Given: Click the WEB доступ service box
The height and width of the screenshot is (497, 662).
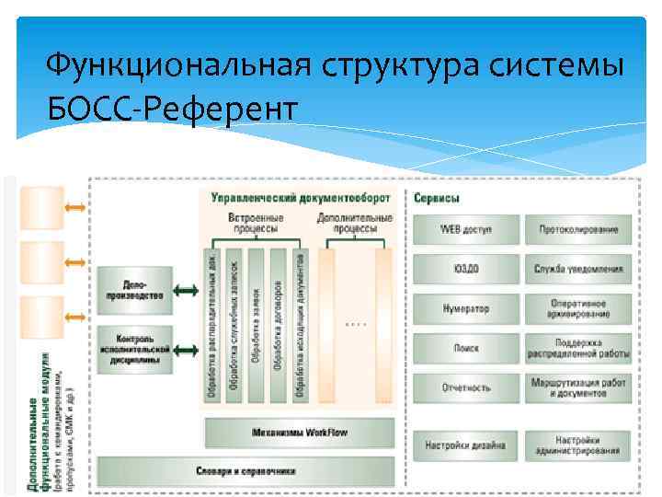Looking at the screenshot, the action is (465, 229).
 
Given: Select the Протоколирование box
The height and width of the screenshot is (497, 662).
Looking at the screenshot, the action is (577, 229).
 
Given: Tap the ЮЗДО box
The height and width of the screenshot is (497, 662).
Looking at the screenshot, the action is (465, 269).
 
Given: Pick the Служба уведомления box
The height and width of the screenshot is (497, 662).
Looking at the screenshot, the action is (577, 269).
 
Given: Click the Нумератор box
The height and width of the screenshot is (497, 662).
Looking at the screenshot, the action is (465, 309).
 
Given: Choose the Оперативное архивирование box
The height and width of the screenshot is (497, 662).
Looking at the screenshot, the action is (577, 309).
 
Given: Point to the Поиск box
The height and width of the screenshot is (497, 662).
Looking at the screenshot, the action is (465, 349).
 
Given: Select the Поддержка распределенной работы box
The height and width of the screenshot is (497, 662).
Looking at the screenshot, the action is (577, 349).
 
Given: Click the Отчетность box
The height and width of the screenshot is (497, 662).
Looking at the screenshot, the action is (465, 388).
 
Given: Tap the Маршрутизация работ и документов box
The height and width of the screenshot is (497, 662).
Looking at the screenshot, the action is (577, 388).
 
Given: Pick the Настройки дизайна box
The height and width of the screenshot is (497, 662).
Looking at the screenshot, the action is (465, 446).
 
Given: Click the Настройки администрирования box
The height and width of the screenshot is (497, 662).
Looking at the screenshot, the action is (577, 446).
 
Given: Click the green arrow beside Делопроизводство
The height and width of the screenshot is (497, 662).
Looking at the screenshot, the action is (187, 291).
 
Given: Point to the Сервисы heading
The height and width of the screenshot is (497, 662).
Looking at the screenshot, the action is (438, 198).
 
